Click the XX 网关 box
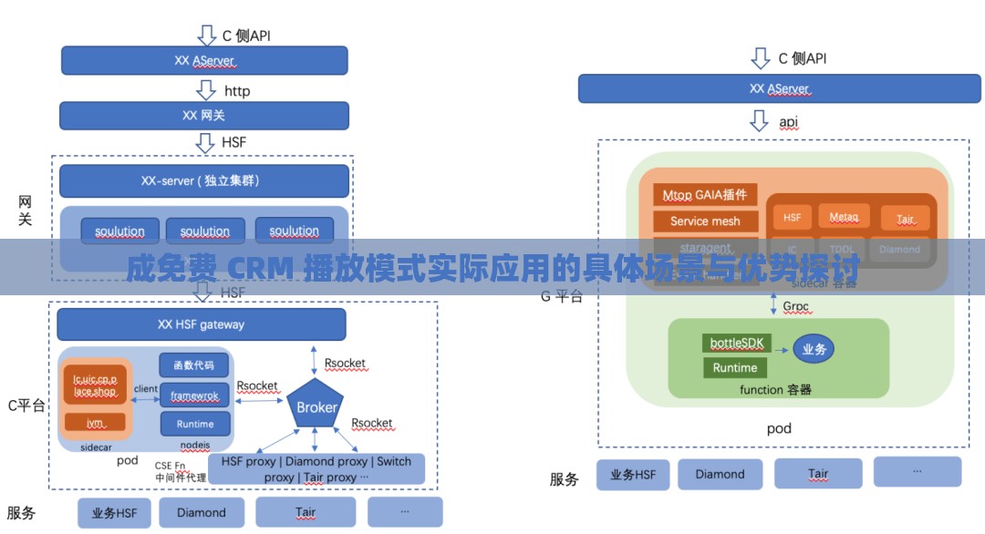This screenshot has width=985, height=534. click(204, 116)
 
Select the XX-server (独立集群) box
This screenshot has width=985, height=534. click(204, 180)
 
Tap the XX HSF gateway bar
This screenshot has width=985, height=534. click(202, 324)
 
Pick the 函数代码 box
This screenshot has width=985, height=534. click(194, 365)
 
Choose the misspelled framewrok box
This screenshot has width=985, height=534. click(194, 395)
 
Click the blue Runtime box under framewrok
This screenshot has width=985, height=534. click(194, 424)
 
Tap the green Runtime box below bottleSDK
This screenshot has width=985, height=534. click(734, 368)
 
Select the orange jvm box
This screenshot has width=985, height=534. click(95, 423)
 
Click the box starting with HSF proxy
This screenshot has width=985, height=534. click(316, 468)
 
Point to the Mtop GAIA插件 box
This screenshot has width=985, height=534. click(705, 194)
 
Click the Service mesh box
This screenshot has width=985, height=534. click(705, 221)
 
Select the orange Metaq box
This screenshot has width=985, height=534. click(844, 217)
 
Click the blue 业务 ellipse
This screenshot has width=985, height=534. click(814, 349)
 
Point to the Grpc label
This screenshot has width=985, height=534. click(795, 306)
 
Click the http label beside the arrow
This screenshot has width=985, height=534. click(237, 91)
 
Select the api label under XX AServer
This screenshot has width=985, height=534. click(788, 121)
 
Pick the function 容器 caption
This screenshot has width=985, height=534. click(775, 389)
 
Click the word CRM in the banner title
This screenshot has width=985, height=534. click(260, 269)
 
